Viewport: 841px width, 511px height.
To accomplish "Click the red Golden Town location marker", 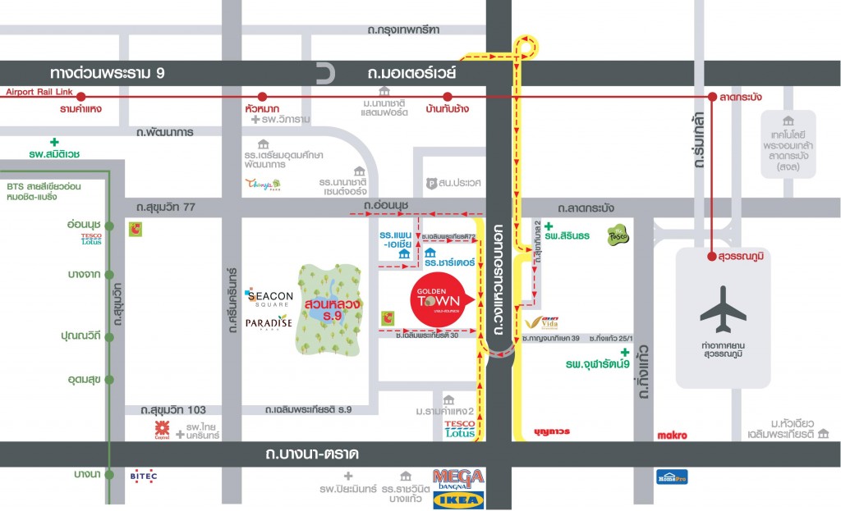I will tap(443, 299).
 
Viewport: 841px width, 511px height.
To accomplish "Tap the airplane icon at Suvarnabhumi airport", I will tap(723, 310).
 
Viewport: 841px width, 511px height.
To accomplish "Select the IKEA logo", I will tap(458, 499).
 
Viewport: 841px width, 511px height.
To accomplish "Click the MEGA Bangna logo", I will tap(458, 477).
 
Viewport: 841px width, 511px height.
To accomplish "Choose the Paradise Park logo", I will tap(269, 322).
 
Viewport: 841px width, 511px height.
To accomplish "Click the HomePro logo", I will tap(671, 477).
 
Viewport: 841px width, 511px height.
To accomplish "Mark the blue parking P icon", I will tap(430, 184).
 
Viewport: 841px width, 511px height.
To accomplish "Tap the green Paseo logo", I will tap(617, 235).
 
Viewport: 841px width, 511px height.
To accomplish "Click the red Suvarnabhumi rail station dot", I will tap(711, 257).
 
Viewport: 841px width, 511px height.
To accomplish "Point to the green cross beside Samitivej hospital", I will tap(54, 142).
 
